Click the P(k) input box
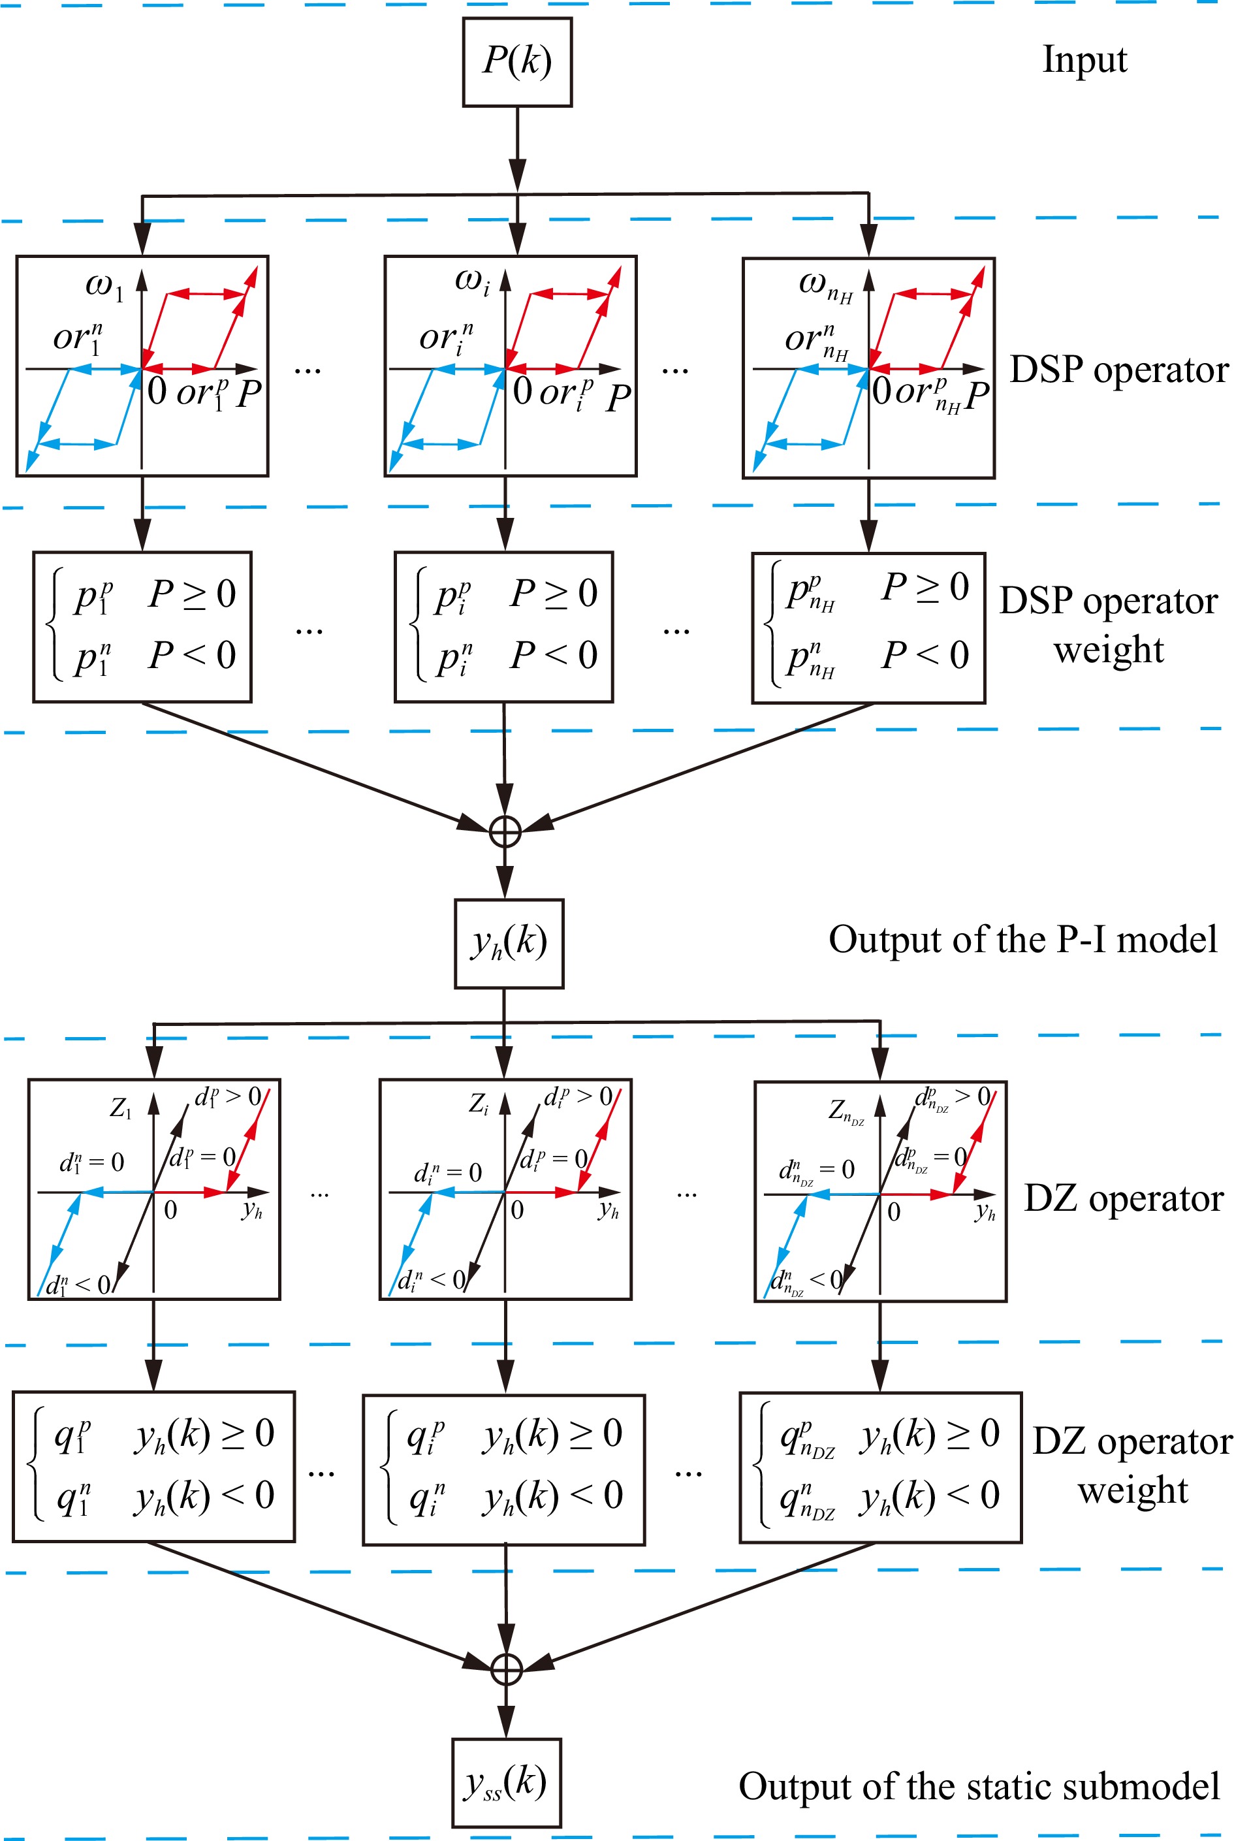click(x=517, y=62)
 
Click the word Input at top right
click(x=1084, y=60)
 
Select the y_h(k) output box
click(x=509, y=943)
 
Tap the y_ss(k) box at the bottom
click(x=506, y=1783)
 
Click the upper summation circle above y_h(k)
click(x=505, y=831)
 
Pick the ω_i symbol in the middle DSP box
click(x=471, y=281)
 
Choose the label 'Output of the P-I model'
click(x=1022, y=940)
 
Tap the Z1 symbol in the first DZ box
click(x=120, y=1108)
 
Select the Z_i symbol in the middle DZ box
click(x=479, y=1104)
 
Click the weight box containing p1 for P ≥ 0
click(x=142, y=626)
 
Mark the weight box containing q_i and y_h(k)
click(x=503, y=1469)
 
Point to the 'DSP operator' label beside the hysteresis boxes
click(x=1118, y=370)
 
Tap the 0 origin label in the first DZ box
click(x=170, y=1209)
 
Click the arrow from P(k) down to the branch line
click(x=517, y=150)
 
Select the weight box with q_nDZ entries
click(x=880, y=1468)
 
